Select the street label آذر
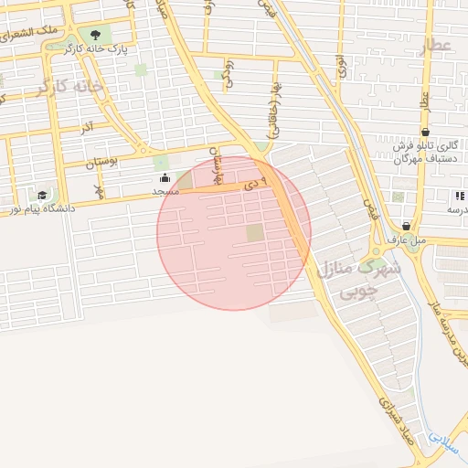click(86, 128)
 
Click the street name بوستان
click(102, 164)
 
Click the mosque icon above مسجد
click(165, 177)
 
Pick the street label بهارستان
click(218, 165)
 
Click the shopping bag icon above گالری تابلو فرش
click(426, 132)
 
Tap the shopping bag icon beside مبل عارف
click(406, 226)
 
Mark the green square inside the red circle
click(255, 233)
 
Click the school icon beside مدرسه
click(459, 196)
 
